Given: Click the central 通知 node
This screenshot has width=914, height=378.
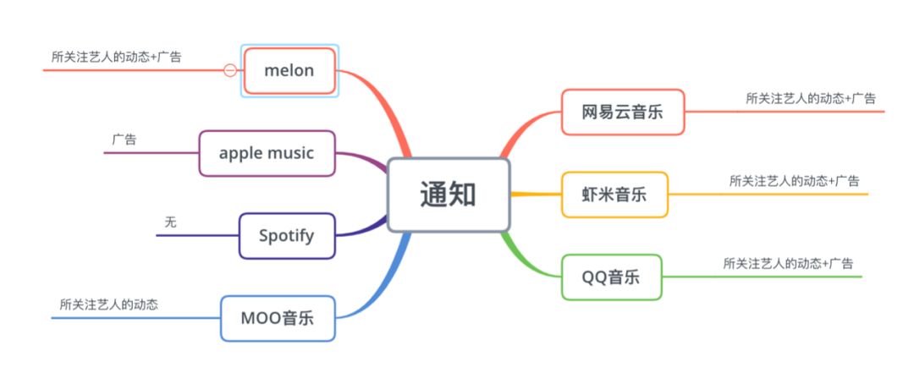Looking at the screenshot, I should click(449, 194).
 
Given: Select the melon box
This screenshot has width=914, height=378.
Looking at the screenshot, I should click(289, 70).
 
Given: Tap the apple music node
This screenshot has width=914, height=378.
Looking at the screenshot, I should click(267, 153).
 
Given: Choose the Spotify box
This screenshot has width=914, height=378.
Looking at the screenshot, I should click(286, 235).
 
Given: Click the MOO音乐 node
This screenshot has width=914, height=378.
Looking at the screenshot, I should click(278, 318).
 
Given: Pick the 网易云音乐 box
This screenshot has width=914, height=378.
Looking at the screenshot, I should click(622, 112).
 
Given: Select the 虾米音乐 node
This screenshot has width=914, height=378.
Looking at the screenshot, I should click(614, 194).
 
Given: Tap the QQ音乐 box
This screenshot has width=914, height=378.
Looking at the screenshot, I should click(611, 277).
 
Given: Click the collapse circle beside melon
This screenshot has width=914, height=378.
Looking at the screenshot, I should click(229, 70).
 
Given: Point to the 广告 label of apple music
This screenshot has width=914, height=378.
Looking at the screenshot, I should click(124, 140).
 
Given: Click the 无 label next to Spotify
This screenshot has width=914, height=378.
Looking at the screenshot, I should click(171, 222).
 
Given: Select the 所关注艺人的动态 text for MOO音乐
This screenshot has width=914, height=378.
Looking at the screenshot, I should click(109, 304).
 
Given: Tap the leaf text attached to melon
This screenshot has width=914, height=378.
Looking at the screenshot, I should click(116, 57).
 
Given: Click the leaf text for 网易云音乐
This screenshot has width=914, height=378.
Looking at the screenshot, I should click(811, 98).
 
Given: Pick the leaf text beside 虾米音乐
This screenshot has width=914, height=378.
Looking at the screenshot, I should click(794, 180).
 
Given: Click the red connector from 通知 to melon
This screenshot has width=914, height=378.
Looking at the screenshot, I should click(386, 101).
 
